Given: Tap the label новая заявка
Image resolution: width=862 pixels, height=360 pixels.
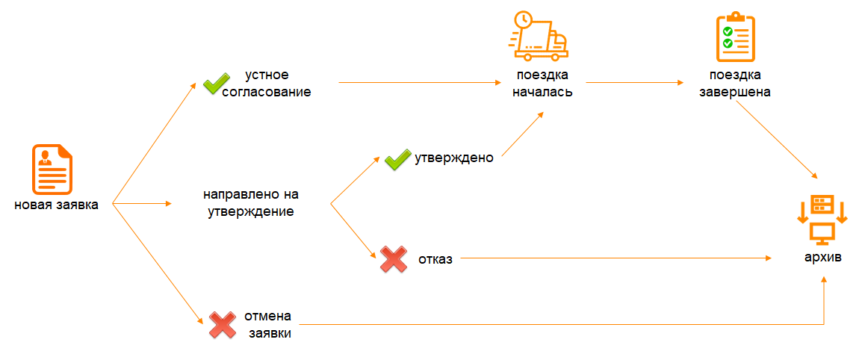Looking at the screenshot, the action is tap(57, 205).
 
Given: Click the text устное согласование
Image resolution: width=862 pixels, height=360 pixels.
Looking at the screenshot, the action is tap(267, 83).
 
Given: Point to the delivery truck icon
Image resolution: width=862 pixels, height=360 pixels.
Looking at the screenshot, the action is tap(539, 36).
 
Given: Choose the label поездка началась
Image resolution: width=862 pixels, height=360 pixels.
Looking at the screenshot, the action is tap(542, 83).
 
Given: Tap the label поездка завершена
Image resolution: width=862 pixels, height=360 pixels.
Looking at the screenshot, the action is tap(734, 83).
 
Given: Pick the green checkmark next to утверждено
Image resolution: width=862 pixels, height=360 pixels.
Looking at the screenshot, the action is tap(397, 159).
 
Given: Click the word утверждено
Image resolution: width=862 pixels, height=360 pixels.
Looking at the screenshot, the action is tap(454, 158).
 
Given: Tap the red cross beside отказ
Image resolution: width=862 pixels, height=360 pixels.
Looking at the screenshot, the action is tap(394, 259).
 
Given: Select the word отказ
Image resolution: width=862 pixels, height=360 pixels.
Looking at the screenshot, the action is tap(435, 259).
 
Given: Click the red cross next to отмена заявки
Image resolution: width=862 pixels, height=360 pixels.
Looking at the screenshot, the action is tap(223, 325).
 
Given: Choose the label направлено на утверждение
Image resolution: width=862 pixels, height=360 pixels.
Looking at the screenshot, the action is tap(251, 203).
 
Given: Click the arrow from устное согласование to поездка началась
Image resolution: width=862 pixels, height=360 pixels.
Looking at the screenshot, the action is tap(420, 82).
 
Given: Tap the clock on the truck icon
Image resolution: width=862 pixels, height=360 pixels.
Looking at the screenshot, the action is tap(523, 20).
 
